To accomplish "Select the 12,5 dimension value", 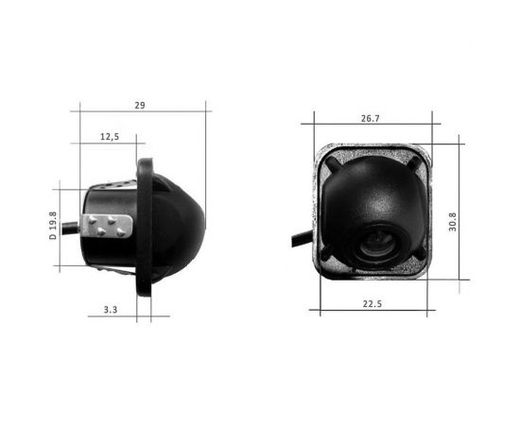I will tap(109, 138).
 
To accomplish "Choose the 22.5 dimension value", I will tap(372, 303).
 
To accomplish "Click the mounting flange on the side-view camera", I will tap(147, 227).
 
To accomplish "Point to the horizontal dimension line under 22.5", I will tap(372, 313).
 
